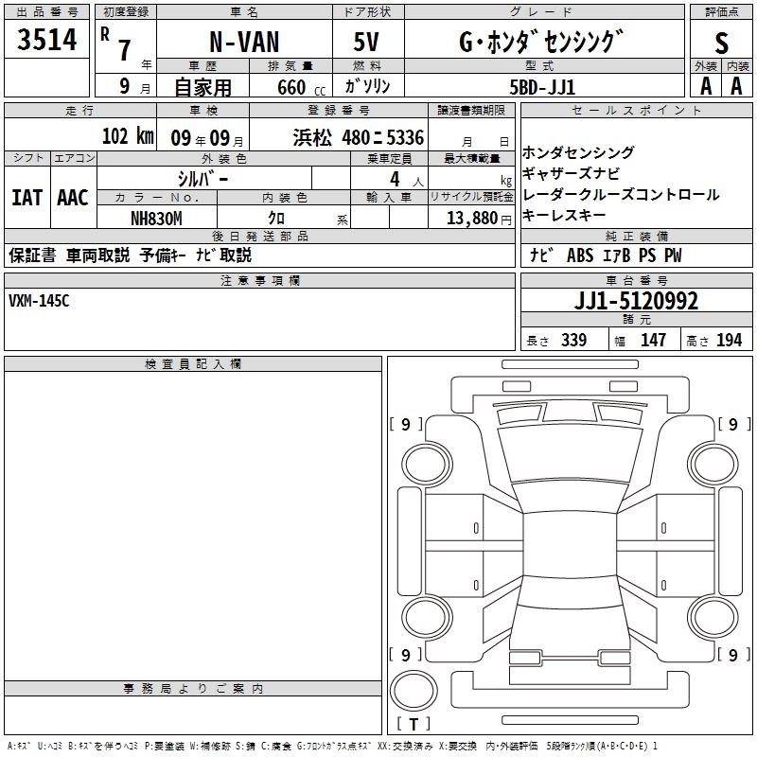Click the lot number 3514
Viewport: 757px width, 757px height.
(x=47, y=40)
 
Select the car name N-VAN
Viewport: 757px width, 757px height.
(x=243, y=44)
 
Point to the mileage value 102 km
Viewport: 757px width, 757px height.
(x=127, y=136)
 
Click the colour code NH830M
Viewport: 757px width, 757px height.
(x=156, y=218)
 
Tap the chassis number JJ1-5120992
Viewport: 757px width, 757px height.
(x=637, y=302)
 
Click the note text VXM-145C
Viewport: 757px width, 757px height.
(x=39, y=301)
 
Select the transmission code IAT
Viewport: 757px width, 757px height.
(x=26, y=198)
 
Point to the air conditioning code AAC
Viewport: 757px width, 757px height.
(x=73, y=198)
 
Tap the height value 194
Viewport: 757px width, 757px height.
(x=729, y=341)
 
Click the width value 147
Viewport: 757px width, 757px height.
(x=653, y=341)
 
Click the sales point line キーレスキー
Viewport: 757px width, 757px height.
(x=564, y=216)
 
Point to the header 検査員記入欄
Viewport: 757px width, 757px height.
(x=193, y=364)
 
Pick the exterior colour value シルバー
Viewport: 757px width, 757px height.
(x=203, y=178)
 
